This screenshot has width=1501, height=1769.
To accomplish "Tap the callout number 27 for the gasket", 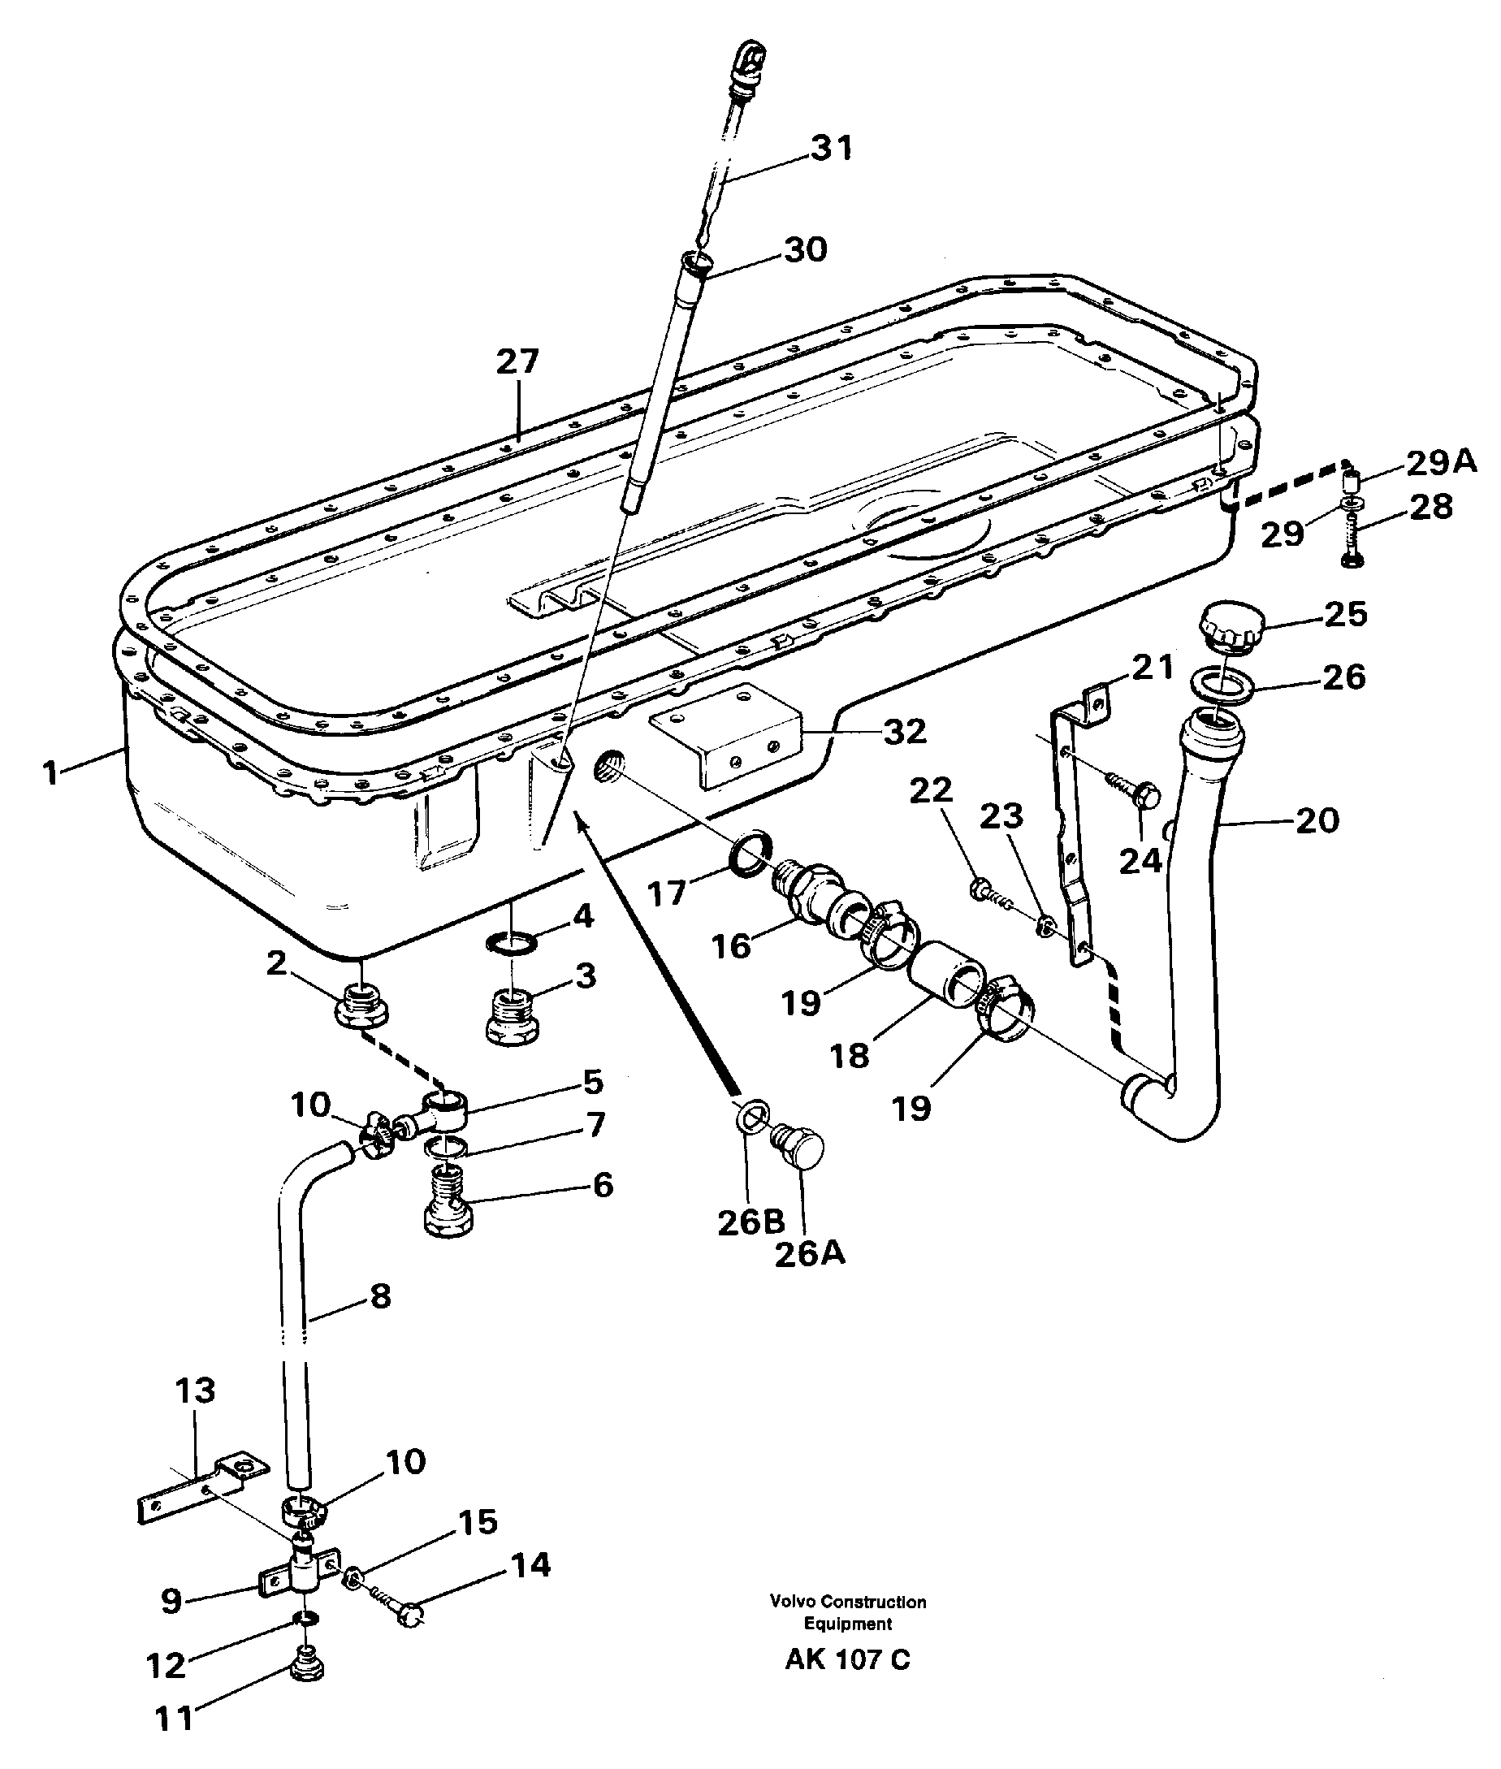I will pyautogui.click(x=517, y=361).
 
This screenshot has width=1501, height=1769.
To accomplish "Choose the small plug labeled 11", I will pyautogui.click(x=305, y=1664).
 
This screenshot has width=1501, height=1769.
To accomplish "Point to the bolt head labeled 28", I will pyautogui.click(x=1351, y=559).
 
